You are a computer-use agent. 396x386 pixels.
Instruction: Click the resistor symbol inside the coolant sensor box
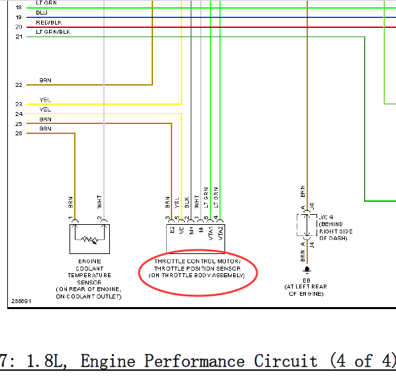click(x=89, y=240)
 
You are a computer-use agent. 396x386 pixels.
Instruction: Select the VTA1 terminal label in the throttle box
click(x=211, y=233)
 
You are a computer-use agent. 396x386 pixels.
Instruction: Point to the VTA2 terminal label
click(x=221, y=233)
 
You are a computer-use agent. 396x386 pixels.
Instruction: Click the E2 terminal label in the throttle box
click(x=172, y=229)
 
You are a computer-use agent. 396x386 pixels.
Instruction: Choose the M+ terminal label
click(x=191, y=230)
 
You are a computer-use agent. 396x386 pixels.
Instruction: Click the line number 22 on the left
click(x=19, y=85)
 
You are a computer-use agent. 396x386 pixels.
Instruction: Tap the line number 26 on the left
click(x=19, y=133)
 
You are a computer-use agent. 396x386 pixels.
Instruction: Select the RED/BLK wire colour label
click(x=49, y=23)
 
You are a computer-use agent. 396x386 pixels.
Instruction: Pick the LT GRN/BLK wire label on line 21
click(x=53, y=32)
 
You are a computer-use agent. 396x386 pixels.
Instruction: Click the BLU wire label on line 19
click(x=42, y=13)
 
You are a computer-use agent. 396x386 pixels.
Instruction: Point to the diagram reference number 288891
click(x=21, y=301)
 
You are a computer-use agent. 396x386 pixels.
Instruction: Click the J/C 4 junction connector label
click(x=326, y=217)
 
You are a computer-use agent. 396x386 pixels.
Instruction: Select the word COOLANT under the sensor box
click(x=89, y=269)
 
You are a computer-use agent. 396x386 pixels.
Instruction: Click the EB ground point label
click(x=307, y=281)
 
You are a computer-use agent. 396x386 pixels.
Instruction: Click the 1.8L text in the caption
click(x=47, y=361)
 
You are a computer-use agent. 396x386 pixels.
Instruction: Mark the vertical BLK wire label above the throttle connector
click(x=187, y=202)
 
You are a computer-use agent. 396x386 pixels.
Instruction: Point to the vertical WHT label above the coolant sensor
click(x=99, y=202)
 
